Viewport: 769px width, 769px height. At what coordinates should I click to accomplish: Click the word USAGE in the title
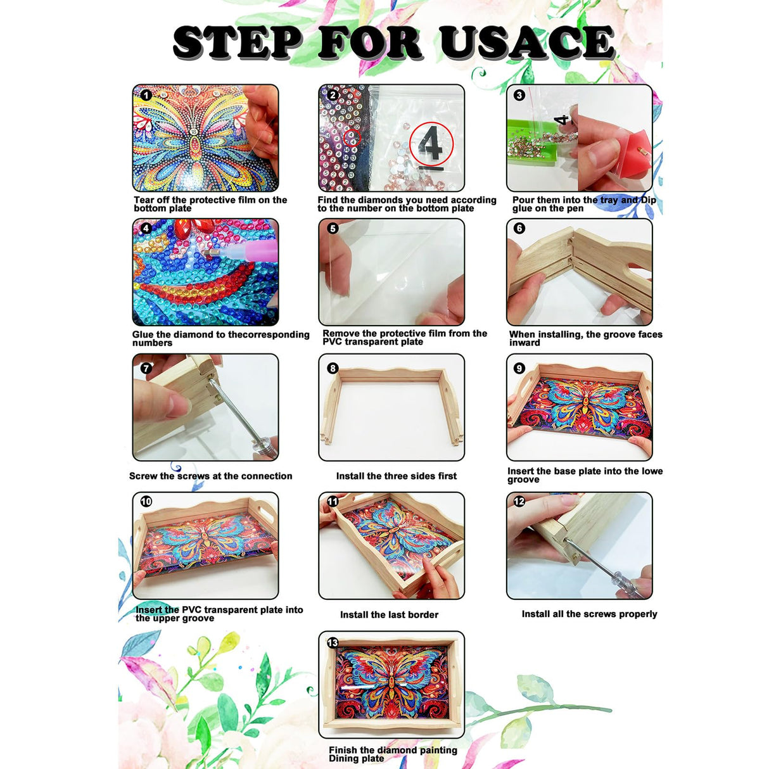[x=526, y=43]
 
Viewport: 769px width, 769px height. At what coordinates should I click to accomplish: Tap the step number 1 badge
[x=146, y=95]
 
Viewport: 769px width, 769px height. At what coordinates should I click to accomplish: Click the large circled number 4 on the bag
[x=431, y=144]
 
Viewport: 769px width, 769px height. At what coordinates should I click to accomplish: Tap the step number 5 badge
[x=333, y=228]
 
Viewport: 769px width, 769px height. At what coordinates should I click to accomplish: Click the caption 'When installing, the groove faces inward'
[x=585, y=338]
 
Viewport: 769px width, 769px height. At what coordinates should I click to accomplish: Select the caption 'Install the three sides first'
[x=396, y=476]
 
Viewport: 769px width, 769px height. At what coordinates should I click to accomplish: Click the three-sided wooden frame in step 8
[x=391, y=399]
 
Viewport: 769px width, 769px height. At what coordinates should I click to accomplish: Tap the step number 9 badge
[x=519, y=368]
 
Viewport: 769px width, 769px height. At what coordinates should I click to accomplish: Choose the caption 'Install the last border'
[x=389, y=614]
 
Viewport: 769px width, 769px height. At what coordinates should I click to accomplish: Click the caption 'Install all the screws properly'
[x=589, y=614]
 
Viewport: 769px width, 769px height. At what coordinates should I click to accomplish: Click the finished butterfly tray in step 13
[x=391, y=684]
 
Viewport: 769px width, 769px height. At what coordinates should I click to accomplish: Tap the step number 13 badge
[x=333, y=642]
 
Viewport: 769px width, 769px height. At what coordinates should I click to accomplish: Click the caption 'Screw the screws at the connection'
[x=210, y=476]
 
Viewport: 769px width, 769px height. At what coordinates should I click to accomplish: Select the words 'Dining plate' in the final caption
[x=356, y=758]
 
